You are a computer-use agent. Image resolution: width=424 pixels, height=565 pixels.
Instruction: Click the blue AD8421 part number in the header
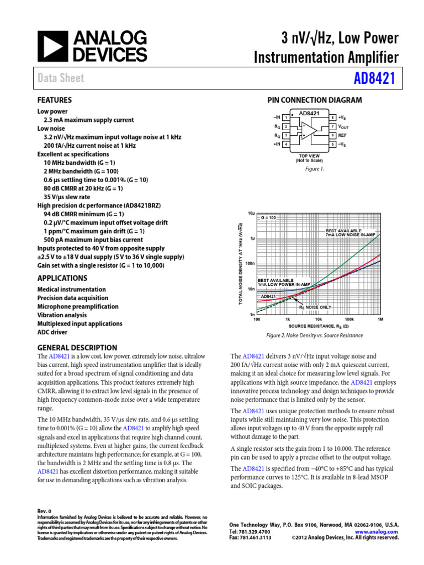375,78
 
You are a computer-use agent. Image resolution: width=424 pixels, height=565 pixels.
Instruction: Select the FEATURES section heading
54,100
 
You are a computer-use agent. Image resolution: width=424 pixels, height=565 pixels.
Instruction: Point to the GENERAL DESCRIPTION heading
77,348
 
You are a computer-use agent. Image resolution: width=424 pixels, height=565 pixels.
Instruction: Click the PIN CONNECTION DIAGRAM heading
315,100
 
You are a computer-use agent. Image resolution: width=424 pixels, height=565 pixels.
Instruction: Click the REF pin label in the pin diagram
342,135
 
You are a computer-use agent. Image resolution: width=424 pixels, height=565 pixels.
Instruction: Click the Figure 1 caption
315,169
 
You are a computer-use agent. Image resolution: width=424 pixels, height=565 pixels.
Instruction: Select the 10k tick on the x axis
319,319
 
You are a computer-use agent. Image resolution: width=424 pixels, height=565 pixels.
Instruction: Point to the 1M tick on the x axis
380,319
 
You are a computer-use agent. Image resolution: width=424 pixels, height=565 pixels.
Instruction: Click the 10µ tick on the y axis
251,213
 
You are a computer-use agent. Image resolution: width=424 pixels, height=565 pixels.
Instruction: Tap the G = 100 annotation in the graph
268,218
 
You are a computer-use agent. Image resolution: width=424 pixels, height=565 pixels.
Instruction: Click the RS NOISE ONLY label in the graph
315,307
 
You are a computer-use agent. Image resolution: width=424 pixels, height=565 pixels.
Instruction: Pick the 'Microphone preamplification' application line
78,306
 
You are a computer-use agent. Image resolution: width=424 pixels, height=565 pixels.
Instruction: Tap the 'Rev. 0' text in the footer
44,511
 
